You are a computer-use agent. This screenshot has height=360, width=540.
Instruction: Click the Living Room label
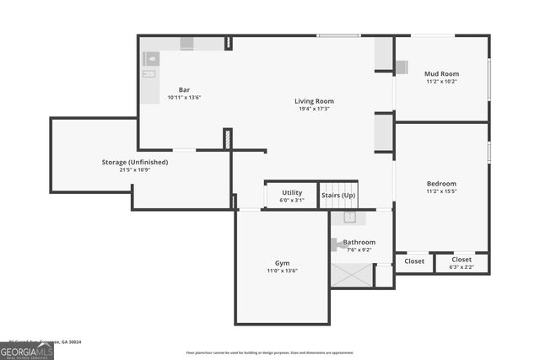click(x=314, y=100)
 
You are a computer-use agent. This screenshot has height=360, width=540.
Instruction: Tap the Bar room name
click(x=184, y=89)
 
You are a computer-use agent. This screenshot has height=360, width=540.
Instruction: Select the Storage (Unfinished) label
click(x=135, y=162)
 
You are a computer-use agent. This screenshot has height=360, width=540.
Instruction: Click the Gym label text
click(x=282, y=263)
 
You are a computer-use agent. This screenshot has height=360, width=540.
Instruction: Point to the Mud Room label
click(x=441, y=74)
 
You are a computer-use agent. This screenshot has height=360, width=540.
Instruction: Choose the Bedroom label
click(x=441, y=184)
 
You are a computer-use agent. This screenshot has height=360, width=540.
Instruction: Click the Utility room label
click(x=292, y=193)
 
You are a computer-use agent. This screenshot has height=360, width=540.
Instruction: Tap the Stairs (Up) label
click(x=338, y=196)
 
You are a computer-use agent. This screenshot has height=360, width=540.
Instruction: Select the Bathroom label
click(x=359, y=242)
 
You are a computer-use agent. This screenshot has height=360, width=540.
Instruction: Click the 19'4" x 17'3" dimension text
click(x=314, y=109)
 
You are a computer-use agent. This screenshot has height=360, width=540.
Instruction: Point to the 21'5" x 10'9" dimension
click(x=135, y=170)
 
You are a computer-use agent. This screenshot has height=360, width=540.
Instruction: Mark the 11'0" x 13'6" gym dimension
click(x=282, y=271)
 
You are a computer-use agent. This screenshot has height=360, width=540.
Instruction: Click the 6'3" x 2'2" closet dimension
click(x=462, y=267)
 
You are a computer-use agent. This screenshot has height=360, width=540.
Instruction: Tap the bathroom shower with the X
click(x=351, y=275)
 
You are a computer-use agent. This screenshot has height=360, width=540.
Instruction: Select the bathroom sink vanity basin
click(x=349, y=218)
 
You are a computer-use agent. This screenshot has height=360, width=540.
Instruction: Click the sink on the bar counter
click(x=151, y=59)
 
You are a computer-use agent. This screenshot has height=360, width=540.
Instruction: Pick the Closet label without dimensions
click(x=414, y=261)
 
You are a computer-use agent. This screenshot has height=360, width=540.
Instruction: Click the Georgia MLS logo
click(x=27, y=352)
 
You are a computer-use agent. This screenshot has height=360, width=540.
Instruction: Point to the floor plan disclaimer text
click(x=269, y=352)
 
